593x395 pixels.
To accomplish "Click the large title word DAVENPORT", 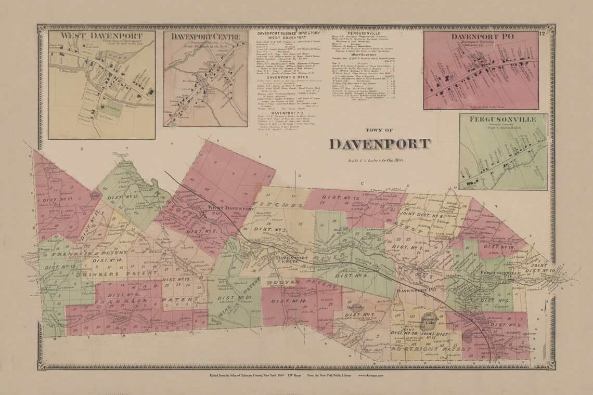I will point(380,143).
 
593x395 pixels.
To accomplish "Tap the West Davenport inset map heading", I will point(101,35).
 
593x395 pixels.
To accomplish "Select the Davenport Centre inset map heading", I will point(205,37).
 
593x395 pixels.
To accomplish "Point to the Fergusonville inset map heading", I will point(502,119).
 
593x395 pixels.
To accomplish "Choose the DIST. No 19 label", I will point(498,247).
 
